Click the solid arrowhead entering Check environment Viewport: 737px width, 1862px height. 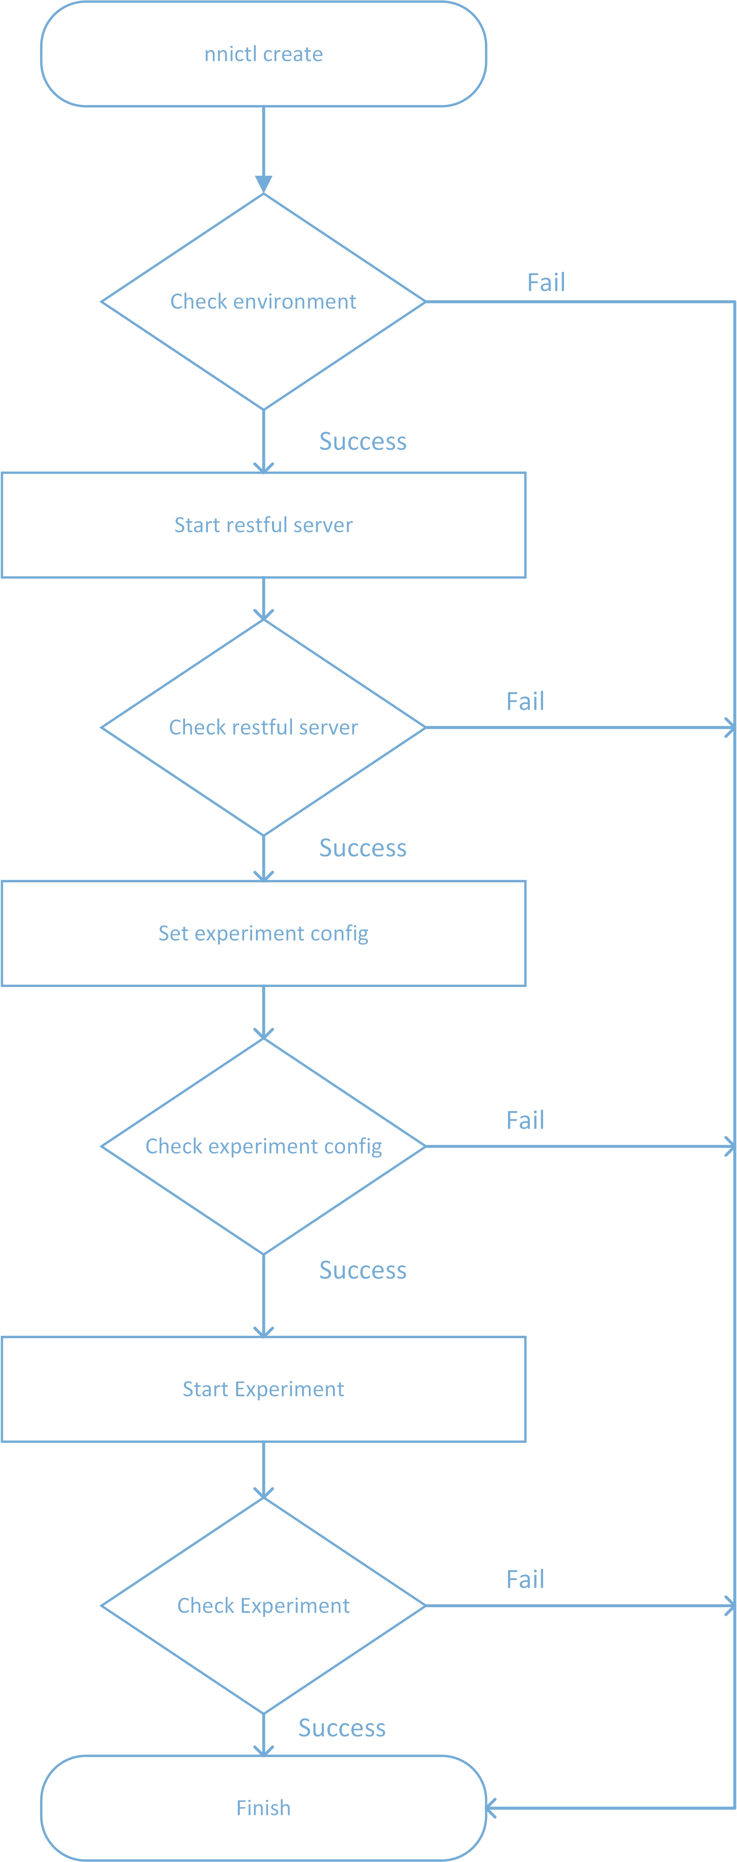tap(264, 184)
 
